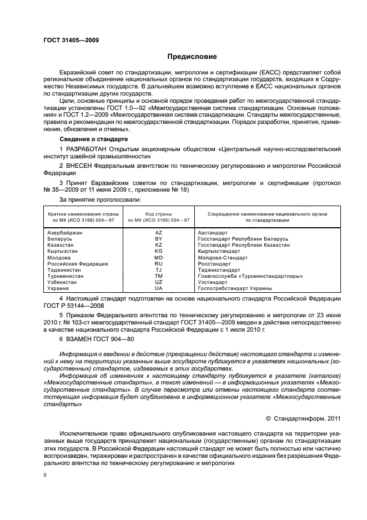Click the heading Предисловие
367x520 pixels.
point(193,57)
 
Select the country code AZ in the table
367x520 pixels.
point(158,232)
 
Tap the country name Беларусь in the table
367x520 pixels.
point(59,238)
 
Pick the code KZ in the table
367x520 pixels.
point(158,244)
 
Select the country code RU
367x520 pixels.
point(158,264)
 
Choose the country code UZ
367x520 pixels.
point(158,282)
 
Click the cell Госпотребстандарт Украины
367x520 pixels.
point(234,289)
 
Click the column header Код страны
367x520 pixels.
point(158,214)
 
